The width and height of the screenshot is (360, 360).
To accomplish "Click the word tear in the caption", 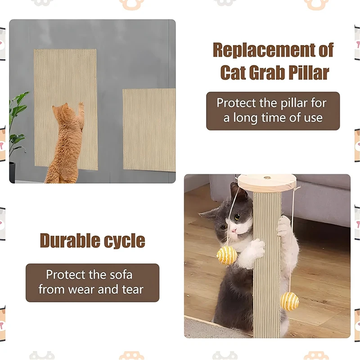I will pyautogui.click(x=132, y=289).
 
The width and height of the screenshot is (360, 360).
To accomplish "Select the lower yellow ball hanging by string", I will pyautogui.click(x=290, y=301).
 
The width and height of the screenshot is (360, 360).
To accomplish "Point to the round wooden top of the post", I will pyautogui.click(x=268, y=183).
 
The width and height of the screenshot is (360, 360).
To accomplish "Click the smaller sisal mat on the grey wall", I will pyautogui.click(x=148, y=130).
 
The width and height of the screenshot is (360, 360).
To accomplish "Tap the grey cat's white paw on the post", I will pyautogui.click(x=257, y=247).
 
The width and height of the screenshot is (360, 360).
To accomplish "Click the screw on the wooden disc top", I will pyautogui.click(x=267, y=177).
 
